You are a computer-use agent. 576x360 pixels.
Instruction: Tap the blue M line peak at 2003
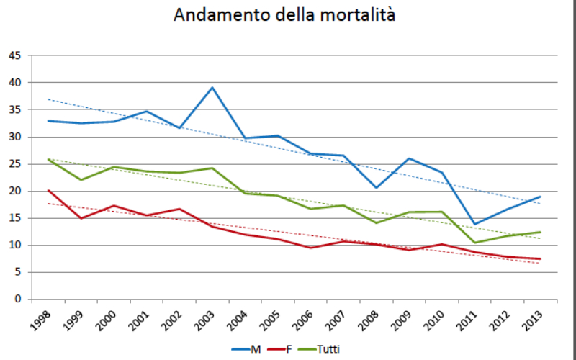[212, 88]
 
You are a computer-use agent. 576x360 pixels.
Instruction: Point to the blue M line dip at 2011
[474, 224]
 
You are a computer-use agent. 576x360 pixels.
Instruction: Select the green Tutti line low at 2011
[474, 243]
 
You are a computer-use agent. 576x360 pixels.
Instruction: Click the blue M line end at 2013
[540, 197]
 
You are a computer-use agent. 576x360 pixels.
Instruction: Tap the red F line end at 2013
[540, 259]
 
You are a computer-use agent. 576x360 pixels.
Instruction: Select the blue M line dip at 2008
[377, 188]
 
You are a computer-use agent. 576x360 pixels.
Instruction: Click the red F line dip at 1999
[81, 218]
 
